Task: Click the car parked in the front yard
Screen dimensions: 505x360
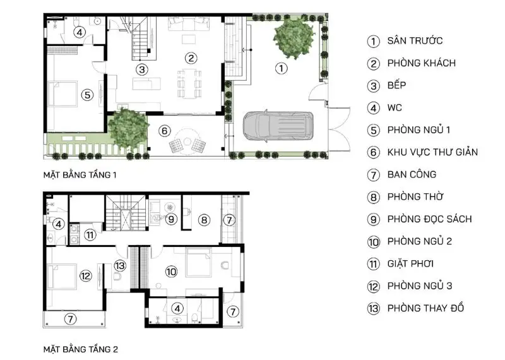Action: coord(278,126)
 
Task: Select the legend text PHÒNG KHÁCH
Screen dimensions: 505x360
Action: coord(422,63)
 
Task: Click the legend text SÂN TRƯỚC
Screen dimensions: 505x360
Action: coord(415,40)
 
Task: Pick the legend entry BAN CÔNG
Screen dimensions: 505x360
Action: coord(412,174)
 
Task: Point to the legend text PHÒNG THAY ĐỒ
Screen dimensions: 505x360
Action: coord(425,308)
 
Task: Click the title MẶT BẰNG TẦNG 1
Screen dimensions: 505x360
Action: coord(80,175)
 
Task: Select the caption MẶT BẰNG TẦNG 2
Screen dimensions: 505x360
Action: coord(81,349)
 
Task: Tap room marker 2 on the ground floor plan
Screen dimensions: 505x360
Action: coord(191,58)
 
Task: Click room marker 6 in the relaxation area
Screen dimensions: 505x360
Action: coord(165,131)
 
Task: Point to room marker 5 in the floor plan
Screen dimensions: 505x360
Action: coord(87,95)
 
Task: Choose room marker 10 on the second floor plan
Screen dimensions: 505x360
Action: coord(171,272)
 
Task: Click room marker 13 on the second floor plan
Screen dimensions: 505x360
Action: coord(120,265)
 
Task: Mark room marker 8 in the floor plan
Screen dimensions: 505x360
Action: coord(204,220)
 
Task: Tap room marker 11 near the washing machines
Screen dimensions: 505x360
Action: coord(90,234)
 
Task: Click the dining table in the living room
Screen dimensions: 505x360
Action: coord(189,83)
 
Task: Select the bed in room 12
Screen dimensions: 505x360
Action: coord(62,276)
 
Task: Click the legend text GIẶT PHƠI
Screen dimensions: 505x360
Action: coord(410,263)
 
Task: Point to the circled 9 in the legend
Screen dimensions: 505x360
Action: coord(373,220)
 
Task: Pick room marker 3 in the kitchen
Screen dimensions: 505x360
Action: coord(141,69)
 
